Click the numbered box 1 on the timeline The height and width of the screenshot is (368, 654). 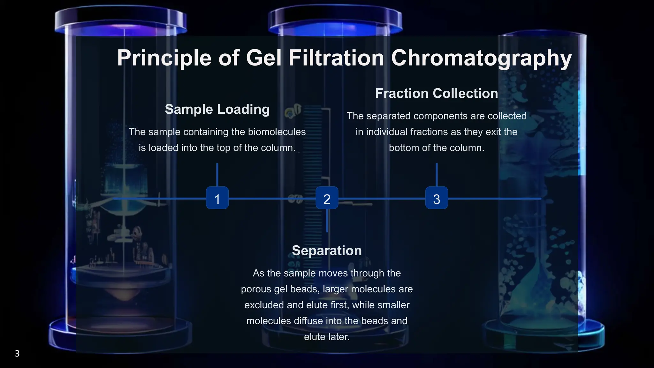click(217, 198)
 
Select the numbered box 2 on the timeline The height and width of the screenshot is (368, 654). click(327, 198)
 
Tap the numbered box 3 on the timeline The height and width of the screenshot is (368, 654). click(437, 198)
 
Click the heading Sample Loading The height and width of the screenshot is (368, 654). click(217, 109)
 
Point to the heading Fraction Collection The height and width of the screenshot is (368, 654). click(437, 93)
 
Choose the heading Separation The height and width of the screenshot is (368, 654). click(327, 250)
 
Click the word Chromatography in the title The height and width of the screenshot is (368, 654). click(481, 58)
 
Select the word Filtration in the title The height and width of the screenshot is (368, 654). click(336, 58)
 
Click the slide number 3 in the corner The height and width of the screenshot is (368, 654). click(17, 353)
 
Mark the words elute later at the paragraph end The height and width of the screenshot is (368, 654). click(327, 337)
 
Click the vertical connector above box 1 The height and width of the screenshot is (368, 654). click(217, 175)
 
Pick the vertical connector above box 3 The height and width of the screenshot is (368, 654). click(437, 175)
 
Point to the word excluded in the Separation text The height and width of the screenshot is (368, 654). click(264, 305)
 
